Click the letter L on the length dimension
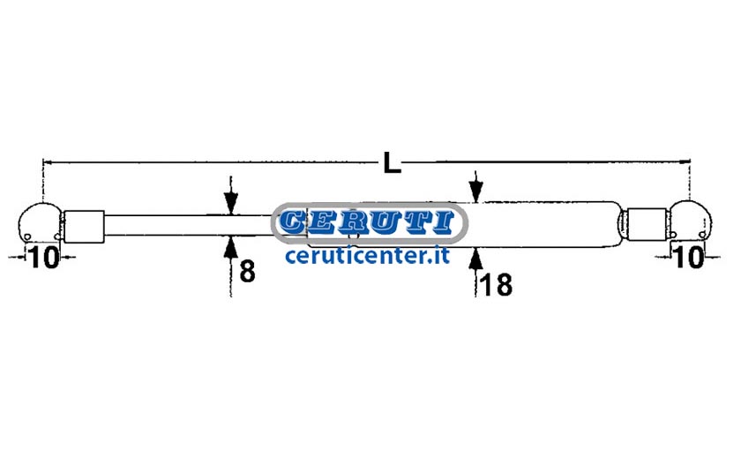coord(392,162)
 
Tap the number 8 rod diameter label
coord(247,272)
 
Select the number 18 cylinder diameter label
coord(496,286)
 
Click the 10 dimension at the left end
coord(44,257)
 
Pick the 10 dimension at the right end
coord(690,257)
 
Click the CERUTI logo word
coord(367,222)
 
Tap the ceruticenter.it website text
coord(367,256)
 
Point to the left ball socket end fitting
coord(40,223)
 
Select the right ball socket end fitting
coord(691,221)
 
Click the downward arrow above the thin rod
coord(230,195)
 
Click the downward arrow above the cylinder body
coord(475,187)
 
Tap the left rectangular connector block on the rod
coord(84,227)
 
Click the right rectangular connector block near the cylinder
coord(647,224)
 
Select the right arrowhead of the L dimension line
coord(686,161)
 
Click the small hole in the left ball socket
coord(27,236)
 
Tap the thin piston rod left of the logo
coord(189,225)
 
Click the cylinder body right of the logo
coord(543,224)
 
